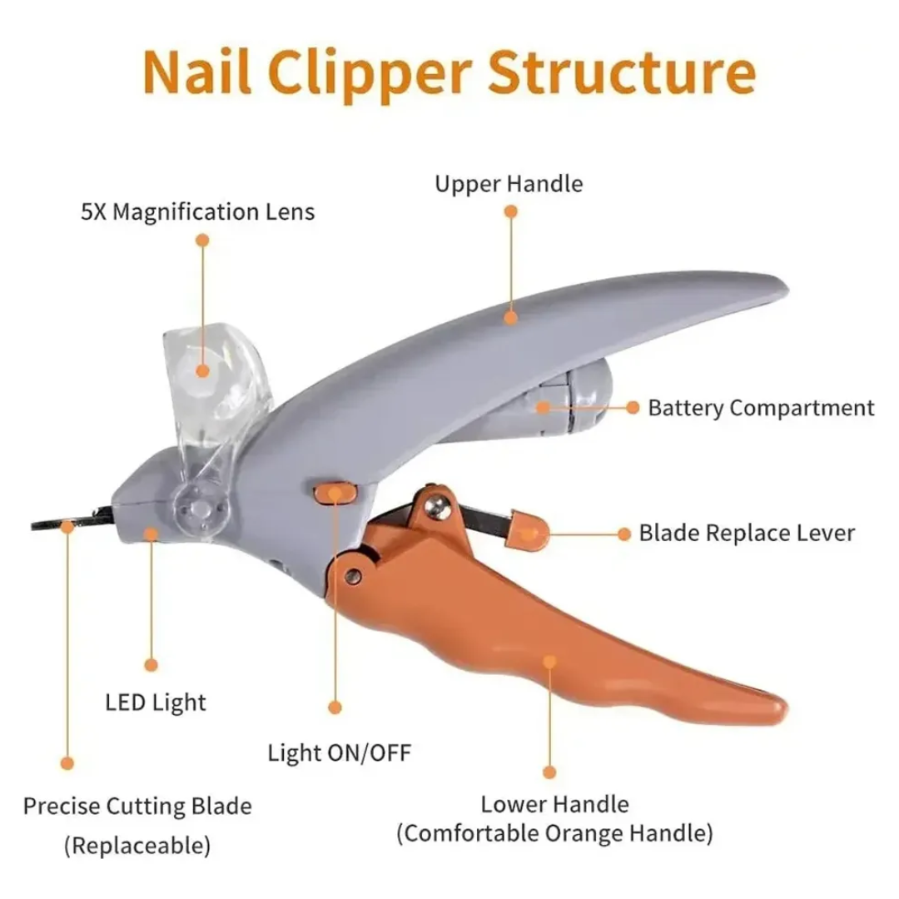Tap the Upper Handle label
pyautogui.click(x=509, y=183)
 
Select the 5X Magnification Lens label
pyautogui.click(x=198, y=211)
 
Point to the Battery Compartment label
pyautogui.click(x=761, y=408)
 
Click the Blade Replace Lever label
pyautogui.click(x=747, y=533)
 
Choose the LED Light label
pyautogui.click(x=156, y=702)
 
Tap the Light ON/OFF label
pyautogui.click(x=339, y=753)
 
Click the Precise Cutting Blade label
pyautogui.click(x=137, y=806)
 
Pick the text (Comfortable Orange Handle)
pyautogui.click(x=554, y=832)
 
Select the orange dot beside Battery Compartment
pyautogui.click(x=633, y=407)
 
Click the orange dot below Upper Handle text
pyautogui.click(x=510, y=213)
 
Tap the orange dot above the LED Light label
pyautogui.click(x=151, y=664)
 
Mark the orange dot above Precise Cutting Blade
pyautogui.click(x=68, y=762)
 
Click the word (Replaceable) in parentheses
pyautogui.click(x=137, y=847)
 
